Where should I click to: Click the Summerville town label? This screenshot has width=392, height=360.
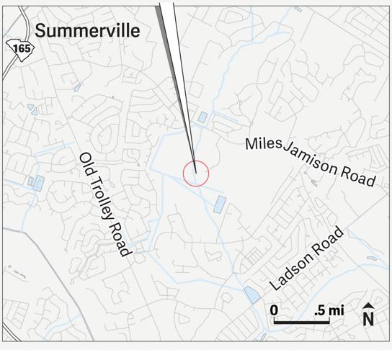(87, 30)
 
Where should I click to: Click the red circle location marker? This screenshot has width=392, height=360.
(195, 173)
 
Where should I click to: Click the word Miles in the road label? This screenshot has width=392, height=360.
(262, 144)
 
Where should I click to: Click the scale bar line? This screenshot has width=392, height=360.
(301, 322)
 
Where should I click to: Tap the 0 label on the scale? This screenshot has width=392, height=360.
(275, 310)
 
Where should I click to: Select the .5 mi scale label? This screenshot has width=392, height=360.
(329, 310)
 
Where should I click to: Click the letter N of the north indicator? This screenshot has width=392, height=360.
(368, 318)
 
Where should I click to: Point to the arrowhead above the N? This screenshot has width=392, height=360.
(368, 306)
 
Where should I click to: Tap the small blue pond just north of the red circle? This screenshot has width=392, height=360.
(202, 117)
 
